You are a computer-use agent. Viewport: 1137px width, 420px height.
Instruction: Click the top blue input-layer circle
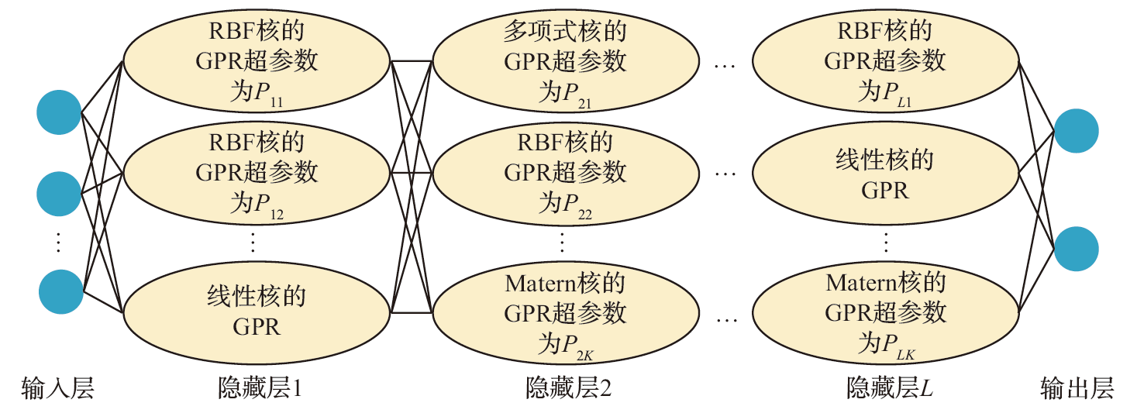[59, 113]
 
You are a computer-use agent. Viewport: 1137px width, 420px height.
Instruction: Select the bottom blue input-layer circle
[61, 292]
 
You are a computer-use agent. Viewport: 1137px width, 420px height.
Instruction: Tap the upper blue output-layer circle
[1077, 132]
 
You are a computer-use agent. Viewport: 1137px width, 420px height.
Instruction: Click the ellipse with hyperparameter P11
[257, 62]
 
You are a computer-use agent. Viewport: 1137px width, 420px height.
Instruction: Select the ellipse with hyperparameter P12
[257, 173]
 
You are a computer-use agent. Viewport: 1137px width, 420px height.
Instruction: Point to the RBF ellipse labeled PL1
[884, 62]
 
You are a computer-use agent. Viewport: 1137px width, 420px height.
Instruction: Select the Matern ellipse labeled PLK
[884, 313]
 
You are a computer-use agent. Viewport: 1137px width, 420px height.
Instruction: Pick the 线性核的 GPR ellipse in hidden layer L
[884, 174]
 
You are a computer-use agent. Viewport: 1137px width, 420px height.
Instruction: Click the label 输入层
[58, 387]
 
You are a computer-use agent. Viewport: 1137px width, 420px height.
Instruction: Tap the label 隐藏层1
[260, 387]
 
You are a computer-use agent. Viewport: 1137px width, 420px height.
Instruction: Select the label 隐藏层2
[568, 387]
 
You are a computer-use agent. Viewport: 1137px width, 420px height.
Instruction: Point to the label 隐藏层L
[889, 387]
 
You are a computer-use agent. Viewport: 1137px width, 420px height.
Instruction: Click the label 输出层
[1077, 387]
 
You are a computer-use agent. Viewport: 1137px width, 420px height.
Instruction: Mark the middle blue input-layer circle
[59, 194]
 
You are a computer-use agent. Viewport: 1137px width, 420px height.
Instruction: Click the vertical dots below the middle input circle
[59, 242]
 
